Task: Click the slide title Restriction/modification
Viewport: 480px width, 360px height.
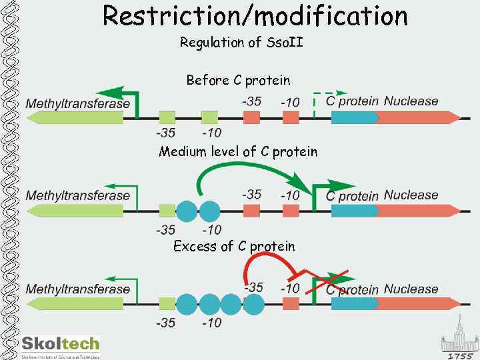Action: point(255,15)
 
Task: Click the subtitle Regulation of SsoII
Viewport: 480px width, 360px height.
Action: point(241,43)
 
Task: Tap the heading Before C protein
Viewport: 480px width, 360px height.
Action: point(238,81)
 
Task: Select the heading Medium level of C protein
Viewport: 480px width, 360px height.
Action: point(238,152)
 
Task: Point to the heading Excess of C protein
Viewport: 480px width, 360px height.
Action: point(233,247)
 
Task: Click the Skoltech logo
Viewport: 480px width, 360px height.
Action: point(60,345)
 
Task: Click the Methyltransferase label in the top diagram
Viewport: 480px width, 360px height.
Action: point(77,103)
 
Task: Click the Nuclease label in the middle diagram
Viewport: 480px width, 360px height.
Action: point(411,195)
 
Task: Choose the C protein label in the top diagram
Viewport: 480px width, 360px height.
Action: point(351,102)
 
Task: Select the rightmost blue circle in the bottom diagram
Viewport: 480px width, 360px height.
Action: point(254,304)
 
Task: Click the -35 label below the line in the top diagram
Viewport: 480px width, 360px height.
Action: point(166,132)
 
